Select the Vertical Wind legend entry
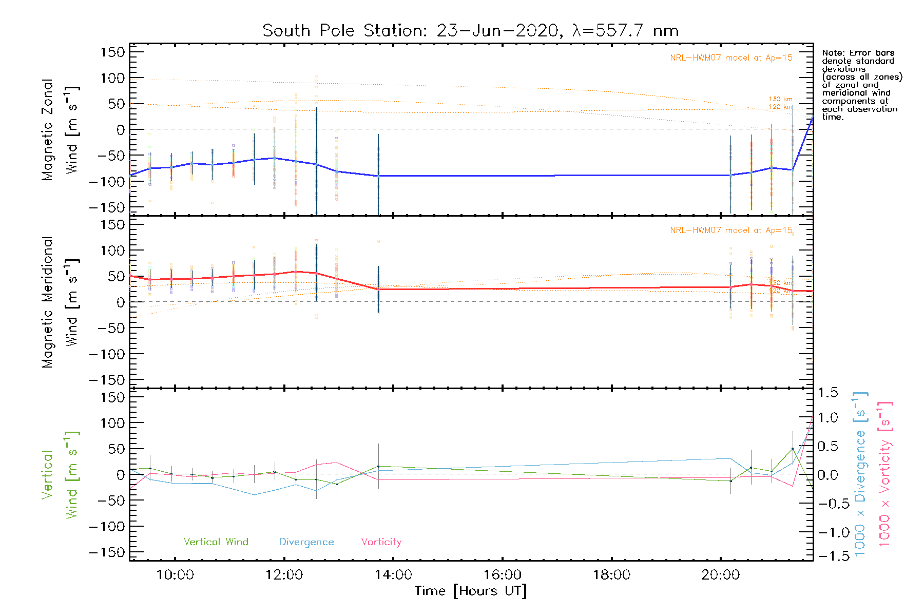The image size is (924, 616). point(216,542)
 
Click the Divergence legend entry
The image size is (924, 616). point(306,542)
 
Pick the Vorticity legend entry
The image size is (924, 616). point(381,542)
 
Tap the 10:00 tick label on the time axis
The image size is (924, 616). point(175,575)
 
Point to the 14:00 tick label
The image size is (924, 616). point(393,575)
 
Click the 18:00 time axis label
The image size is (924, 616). point(611,575)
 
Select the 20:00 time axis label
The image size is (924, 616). point(720,575)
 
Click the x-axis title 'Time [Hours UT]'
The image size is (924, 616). point(471,591)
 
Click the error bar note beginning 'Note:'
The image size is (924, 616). point(861,85)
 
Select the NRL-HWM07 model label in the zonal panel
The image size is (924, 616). point(731,58)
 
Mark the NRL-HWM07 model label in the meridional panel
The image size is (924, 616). point(731,230)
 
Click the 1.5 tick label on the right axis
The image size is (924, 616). point(827,393)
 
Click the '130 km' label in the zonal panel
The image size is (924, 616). point(780,99)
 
